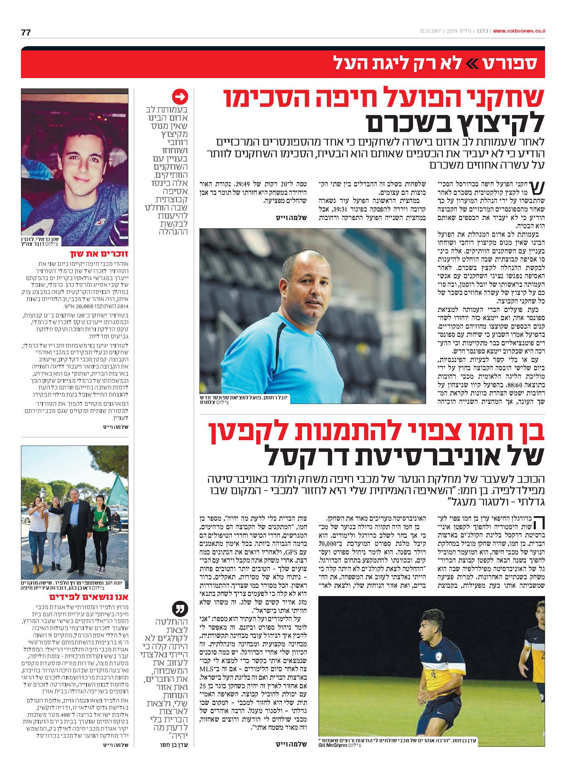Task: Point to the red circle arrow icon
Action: (x=180, y=96)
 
